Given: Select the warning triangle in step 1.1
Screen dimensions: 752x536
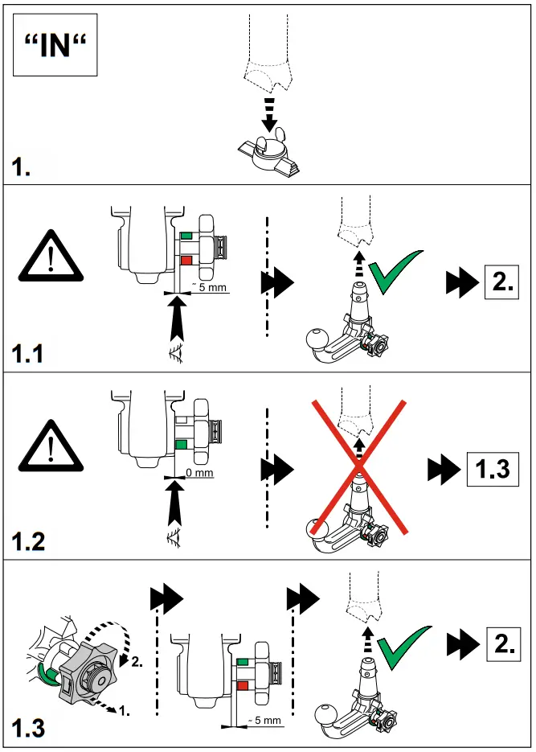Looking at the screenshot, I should point(50,257).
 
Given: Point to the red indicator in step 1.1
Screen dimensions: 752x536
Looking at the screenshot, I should point(186,261).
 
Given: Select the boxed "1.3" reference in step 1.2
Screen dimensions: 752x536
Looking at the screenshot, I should point(489,467).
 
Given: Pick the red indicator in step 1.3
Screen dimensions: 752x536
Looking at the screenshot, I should point(244,685).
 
